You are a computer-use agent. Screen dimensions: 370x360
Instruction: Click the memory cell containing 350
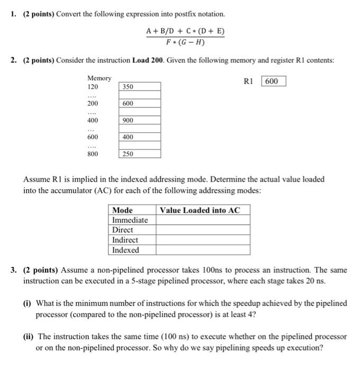(140, 87)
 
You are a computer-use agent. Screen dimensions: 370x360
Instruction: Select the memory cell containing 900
(140, 121)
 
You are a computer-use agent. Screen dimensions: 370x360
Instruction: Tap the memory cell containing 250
(140, 154)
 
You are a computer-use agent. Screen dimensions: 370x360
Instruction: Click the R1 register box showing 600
(273, 81)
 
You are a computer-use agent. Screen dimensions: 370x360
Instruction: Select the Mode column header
(123, 210)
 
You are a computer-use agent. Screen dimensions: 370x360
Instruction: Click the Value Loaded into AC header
(200, 210)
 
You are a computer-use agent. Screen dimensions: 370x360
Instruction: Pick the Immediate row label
(130, 220)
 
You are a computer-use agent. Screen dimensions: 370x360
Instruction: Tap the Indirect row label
(125, 240)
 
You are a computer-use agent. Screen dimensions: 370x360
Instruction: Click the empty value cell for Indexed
(202, 250)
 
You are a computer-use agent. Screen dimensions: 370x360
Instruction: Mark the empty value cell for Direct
(202, 230)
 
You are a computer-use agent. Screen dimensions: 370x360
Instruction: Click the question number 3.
(13, 270)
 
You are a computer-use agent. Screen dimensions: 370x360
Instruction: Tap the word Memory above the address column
(99, 78)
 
